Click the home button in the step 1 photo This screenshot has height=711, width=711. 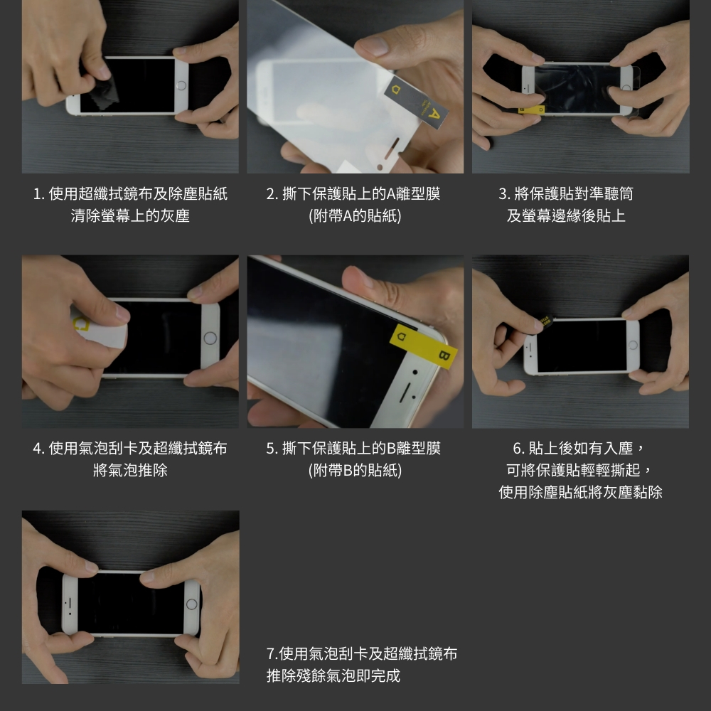[181, 85]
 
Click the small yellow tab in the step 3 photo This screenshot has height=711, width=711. [531, 109]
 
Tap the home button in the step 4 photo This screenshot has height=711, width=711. [210, 338]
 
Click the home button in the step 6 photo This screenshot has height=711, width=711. [633, 346]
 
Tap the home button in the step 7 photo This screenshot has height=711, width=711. [192, 604]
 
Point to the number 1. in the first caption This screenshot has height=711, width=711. [38, 194]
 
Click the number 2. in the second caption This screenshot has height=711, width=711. [272, 194]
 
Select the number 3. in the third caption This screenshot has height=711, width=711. [505, 194]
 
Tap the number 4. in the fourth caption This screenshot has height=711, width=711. [38, 449]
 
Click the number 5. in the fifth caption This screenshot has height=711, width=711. [272, 449]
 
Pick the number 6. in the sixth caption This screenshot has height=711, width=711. [519, 449]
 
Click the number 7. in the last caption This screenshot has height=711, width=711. [272, 654]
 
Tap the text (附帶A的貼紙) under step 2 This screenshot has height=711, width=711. [355, 216]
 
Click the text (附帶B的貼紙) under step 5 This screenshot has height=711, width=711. [355, 470]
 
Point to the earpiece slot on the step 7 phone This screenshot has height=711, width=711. [70, 603]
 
